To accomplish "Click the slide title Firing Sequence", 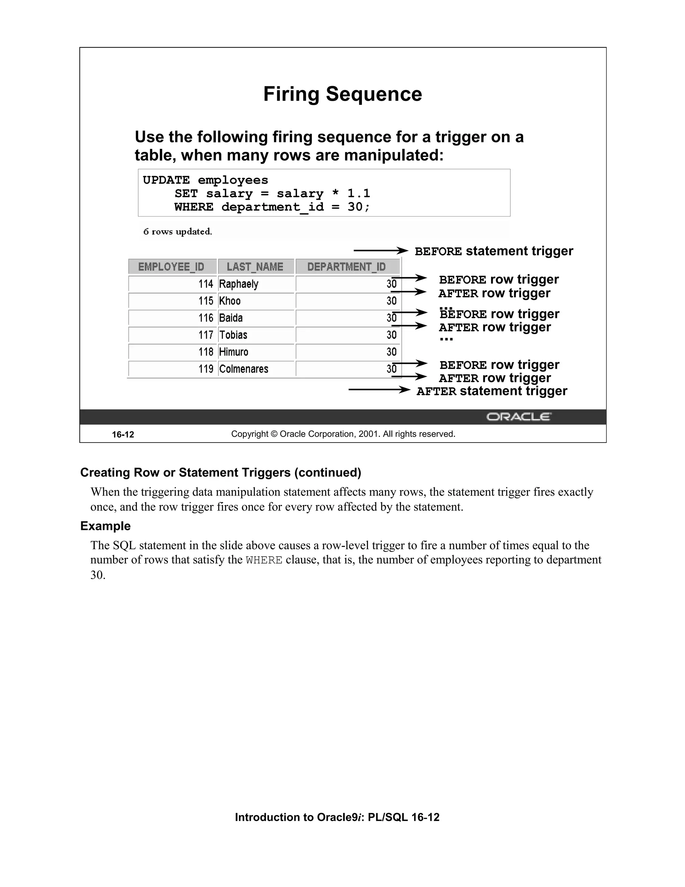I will point(342,94).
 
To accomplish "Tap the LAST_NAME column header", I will point(255,267).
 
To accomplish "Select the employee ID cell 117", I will point(206,335).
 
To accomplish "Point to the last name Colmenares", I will point(243,369).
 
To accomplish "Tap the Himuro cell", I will point(234,352).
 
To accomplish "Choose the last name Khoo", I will point(230,301).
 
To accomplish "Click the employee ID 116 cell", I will point(206,318).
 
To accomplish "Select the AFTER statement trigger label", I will point(492,391).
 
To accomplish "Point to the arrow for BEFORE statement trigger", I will point(381,251).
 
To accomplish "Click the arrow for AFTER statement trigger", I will point(379,390).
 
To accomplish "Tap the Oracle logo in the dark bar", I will point(519,417).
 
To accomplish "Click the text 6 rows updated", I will point(178,232).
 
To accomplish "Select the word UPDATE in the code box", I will point(166,180).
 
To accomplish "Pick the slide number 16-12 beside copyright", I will point(123,434).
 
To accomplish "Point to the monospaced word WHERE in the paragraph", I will point(264,560).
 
